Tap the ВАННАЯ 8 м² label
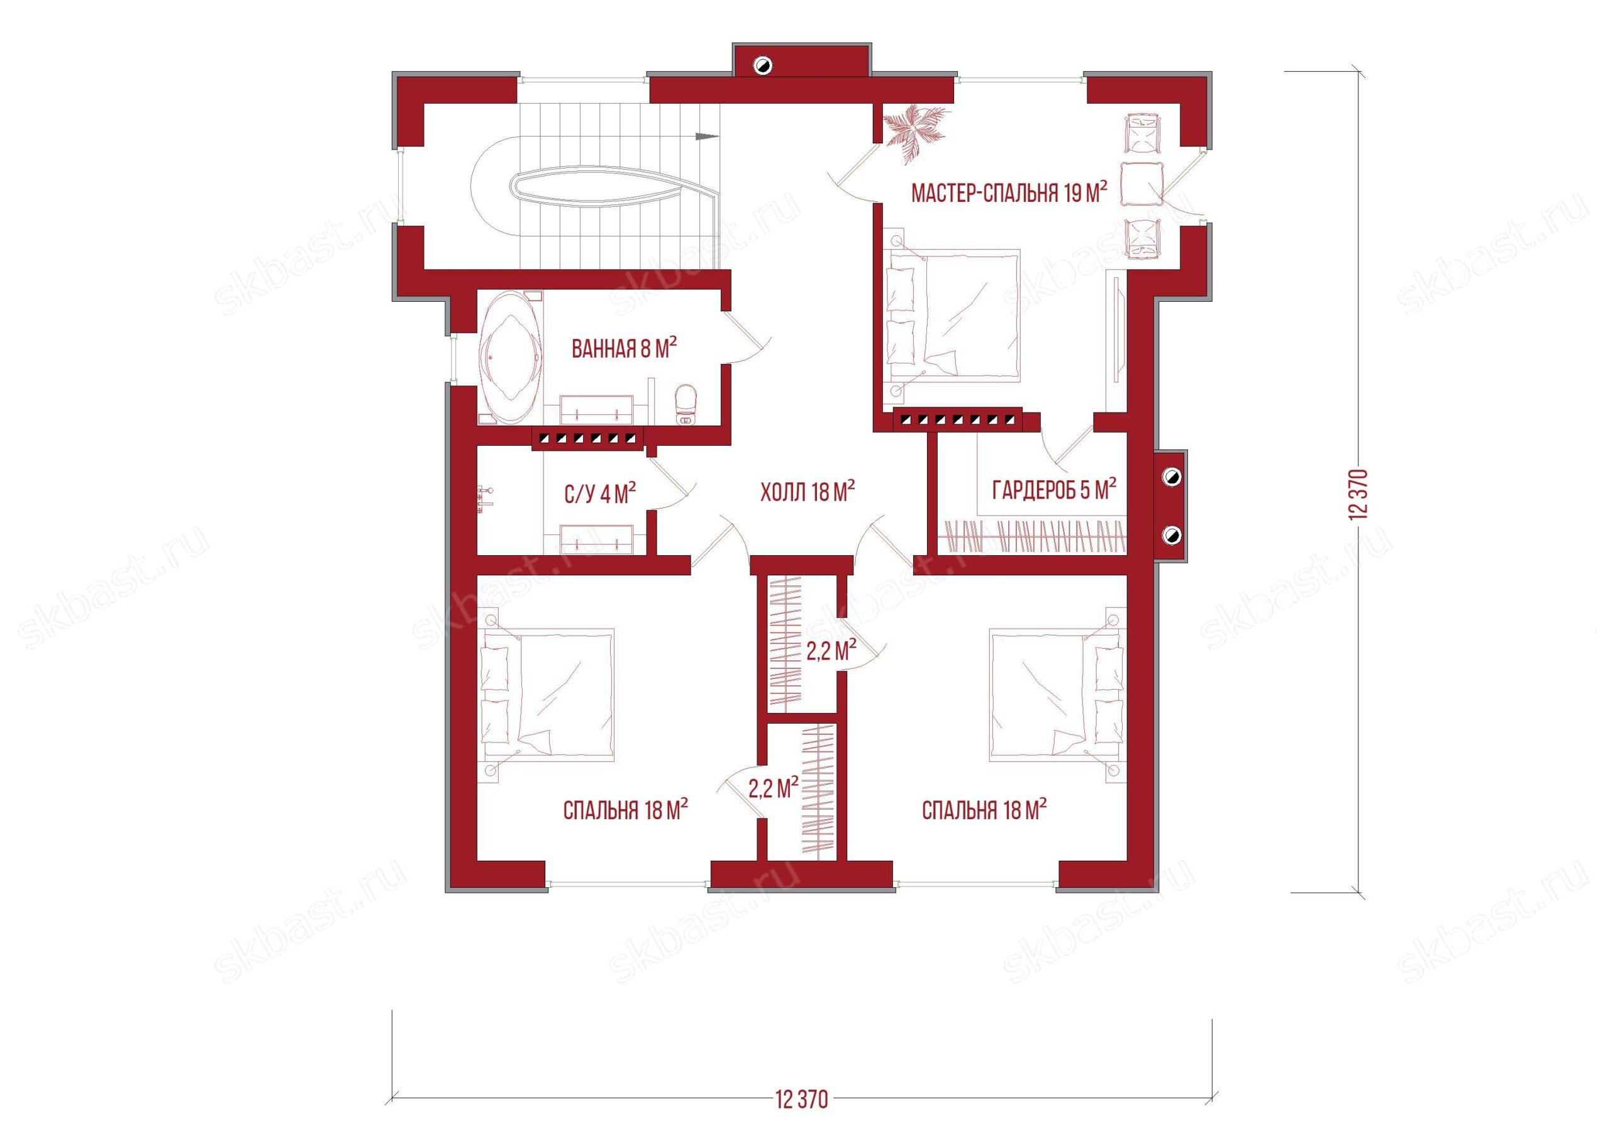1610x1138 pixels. [624, 348]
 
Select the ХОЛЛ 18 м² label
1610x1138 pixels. [808, 492]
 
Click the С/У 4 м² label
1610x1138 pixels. [600, 494]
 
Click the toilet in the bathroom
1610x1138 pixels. [684, 406]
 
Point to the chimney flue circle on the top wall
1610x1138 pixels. [762, 67]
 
